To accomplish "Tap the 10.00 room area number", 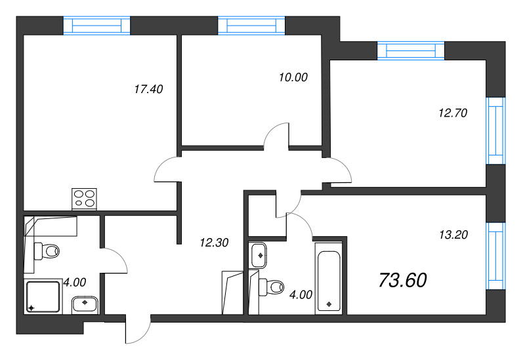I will point(293,77).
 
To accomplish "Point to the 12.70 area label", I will point(451,112).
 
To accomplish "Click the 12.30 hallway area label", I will point(213,243).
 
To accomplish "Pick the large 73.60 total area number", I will point(403,280).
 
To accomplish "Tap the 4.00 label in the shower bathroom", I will point(75,283).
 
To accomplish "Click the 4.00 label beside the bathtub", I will point(301,294).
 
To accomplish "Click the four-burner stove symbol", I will point(85,197).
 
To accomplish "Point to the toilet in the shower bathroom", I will point(47,250).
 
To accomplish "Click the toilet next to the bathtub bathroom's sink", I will point(270,286).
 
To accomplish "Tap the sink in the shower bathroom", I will point(85,303).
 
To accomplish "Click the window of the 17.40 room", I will point(97,25).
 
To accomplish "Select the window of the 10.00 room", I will point(252,25).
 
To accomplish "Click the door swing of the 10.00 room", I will point(277,136).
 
